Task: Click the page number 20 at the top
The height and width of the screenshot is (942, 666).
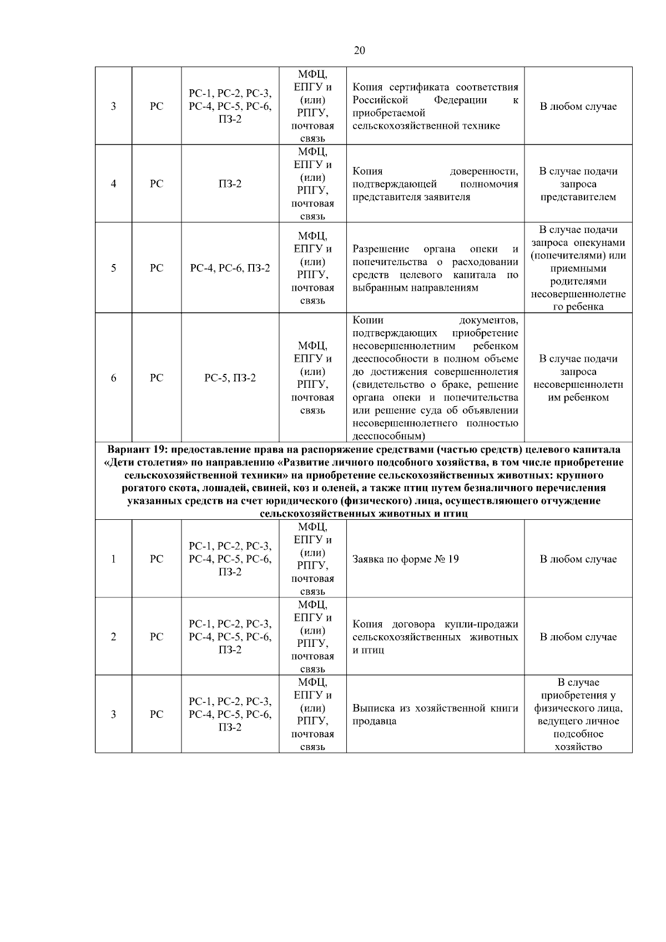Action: (359, 50)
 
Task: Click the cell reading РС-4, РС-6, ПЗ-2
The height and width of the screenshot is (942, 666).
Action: (230, 268)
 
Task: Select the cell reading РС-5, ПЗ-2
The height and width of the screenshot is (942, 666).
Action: (230, 378)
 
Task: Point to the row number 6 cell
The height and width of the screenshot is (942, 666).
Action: (113, 378)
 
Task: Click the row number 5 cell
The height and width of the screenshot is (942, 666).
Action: (113, 268)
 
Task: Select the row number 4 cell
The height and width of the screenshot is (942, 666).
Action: (113, 184)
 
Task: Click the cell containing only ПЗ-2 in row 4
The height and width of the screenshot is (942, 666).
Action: (230, 184)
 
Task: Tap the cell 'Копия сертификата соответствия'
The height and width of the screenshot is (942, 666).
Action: (435, 106)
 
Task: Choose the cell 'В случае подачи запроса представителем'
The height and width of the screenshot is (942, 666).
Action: (578, 184)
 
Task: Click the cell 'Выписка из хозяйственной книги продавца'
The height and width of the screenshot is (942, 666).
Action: (435, 715)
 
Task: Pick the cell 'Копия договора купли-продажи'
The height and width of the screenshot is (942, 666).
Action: (435, 637)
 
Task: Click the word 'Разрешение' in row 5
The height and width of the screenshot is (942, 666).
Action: (381, 249)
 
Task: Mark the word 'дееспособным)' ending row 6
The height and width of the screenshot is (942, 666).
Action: (389, 436)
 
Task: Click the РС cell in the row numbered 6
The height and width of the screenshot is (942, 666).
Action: (157, 378)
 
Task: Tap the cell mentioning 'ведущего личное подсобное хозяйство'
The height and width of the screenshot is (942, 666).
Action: (578, 715)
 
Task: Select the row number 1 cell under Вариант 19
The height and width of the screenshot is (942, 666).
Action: (113, 559)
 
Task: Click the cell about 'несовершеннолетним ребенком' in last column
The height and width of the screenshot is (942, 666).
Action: (578, 378)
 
